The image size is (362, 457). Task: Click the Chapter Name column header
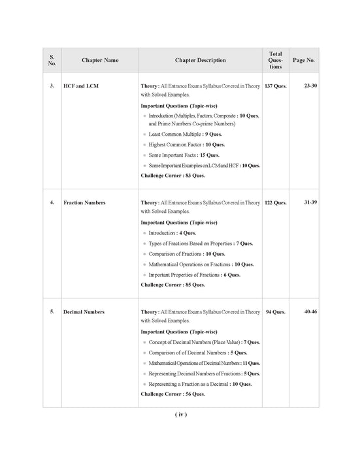100,60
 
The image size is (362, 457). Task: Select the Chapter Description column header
200,60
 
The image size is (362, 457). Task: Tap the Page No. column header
304,60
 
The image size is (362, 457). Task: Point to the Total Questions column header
276,60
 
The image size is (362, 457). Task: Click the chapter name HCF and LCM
82,86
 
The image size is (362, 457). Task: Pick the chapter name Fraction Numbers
84,203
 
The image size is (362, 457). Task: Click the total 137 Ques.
275,86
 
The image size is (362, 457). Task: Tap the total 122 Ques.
275,203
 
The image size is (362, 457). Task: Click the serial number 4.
52,203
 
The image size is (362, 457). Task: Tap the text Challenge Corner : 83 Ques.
173,176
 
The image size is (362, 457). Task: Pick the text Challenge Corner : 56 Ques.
173,394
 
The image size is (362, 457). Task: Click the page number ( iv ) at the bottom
181,415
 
